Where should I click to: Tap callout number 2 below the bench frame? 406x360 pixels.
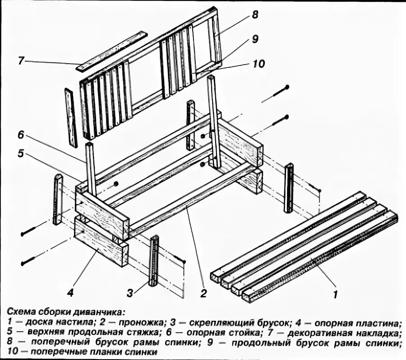(203, 294)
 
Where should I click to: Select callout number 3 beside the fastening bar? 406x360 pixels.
(130, 294)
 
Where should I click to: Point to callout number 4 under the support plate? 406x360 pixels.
(70, 293)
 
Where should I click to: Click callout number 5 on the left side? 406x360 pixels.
(21, 154)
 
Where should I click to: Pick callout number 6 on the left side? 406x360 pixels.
(21, 135)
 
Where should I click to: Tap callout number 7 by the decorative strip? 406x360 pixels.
(21, 60)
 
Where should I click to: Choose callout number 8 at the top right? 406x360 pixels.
(255, 15)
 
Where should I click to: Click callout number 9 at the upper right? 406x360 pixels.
(255, 39)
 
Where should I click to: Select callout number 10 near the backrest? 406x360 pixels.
(258, 64)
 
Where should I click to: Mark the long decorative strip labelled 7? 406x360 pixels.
(112, 51)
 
